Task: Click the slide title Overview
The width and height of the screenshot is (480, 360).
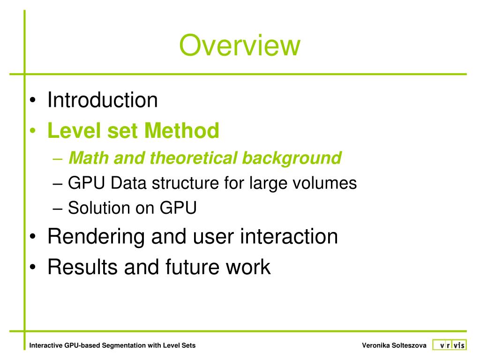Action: (x=239, y=46)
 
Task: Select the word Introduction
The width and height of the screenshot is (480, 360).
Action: (x=103, y=100)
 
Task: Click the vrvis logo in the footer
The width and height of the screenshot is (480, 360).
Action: (x=449, y=345)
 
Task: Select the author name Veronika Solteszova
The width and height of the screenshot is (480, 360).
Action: (x=394, y=346)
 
